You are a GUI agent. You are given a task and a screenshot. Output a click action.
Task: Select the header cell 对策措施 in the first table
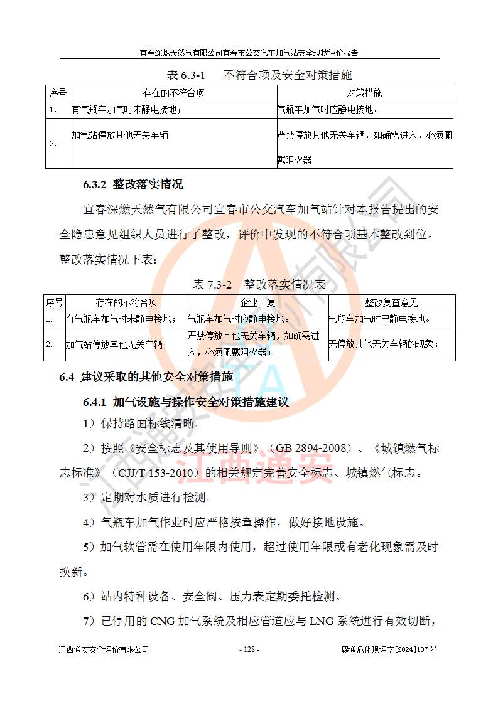(364, 93)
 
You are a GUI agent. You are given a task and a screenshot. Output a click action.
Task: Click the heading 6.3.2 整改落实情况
(133, 185)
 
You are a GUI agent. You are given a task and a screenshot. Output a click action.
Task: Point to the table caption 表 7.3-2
(212, 285)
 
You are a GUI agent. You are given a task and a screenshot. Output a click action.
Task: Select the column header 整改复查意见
(391, 302)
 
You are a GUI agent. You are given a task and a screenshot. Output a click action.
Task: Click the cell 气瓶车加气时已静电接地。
(380, 319)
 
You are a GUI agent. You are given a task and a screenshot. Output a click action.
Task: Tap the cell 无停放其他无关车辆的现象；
(384, 344)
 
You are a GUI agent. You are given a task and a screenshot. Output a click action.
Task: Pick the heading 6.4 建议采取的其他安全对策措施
(146, 377)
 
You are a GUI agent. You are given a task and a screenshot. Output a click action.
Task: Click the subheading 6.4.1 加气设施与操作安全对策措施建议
(186, 402)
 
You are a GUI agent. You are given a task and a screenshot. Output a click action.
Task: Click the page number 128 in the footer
(249, 649)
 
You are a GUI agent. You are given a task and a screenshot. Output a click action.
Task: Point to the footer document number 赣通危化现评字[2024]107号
(385, 649)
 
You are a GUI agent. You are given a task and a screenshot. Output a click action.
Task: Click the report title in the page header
(249, 53)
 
